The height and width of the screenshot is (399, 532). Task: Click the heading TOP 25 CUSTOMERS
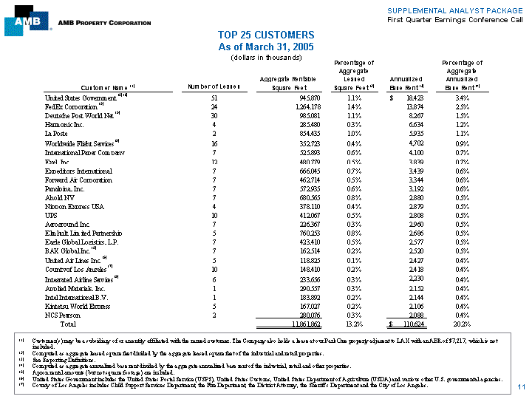pos(266,35)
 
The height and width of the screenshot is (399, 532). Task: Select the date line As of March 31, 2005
pos(266,46)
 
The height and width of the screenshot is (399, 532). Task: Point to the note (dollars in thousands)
pos(266,57)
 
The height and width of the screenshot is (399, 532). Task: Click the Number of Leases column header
pos(214,88)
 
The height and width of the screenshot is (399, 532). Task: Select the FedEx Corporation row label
pos(72,107)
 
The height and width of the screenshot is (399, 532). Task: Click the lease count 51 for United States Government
pos(214,98)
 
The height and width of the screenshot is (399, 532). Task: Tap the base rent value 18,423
pos(412,98)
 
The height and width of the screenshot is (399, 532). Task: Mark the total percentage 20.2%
pos(462,324)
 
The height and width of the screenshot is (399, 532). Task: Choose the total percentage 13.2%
pos(352,324)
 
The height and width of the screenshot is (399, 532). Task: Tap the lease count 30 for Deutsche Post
pos(214,116)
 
